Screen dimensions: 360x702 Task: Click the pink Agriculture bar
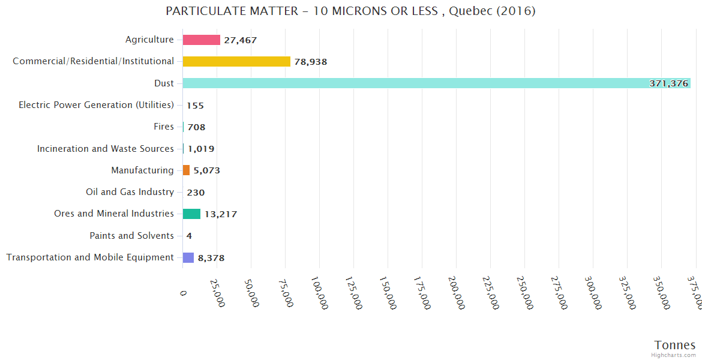pyautogui.click(x=202, y=40)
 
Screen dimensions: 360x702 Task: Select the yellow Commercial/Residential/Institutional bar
pyautogui.click(x=236, y=61)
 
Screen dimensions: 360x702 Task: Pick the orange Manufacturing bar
pyautogui.click(x=187, y=170)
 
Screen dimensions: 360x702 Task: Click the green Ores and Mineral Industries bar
pyautogui.click(x=192, y=214)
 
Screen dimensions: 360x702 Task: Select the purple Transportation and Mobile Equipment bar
pyautogui.click(x=188, y=257)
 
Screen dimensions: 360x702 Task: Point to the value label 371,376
pyautogui.click(x=668, y=83)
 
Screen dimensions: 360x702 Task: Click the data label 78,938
pyautogui.click(x=310, y=62)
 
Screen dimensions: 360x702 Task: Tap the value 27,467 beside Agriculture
pyautogui.click(x=240, y=40)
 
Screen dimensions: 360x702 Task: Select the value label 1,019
pyautogui.click(x=201, y=149)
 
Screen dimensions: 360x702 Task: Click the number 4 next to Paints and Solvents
pyautogui.click(x=189, y=236)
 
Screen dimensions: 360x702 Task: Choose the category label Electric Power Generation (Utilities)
pyautogui.click(x=96, y=105)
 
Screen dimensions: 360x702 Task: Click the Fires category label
pyautogui.click(x=164, y=127)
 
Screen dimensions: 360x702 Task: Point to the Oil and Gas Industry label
pyautogui.click(x=130, y=192)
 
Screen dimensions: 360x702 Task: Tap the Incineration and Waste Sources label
pyautogui.click(x=105, y=149)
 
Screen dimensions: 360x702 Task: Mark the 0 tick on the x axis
pyautogui.click(x=184, y=292)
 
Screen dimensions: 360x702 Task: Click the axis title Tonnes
pyautogui.click(x=674, y=345)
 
